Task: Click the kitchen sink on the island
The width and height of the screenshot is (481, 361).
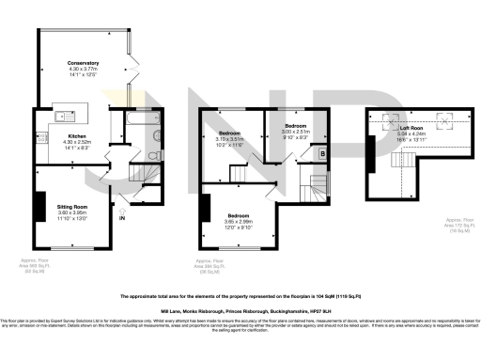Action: coord(57,117)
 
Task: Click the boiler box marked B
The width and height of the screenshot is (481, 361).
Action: coord(323,153)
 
